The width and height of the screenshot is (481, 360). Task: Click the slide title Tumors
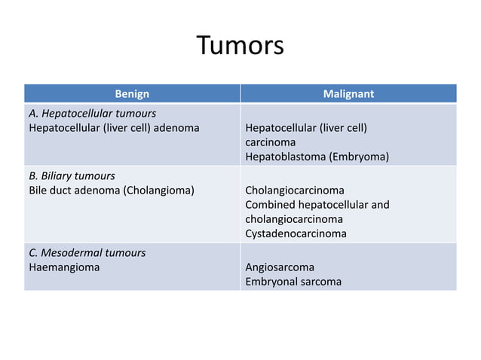[240, 46]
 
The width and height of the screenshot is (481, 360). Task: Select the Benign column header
[132, 94]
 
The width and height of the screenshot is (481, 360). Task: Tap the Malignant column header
[348, 94]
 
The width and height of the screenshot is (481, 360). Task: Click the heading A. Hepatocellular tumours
[92, 113]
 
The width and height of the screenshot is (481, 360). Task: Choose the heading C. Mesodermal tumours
[87, 252]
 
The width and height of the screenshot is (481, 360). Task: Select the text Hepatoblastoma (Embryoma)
[317, 157]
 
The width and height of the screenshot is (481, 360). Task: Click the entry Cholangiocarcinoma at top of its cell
[295, 190]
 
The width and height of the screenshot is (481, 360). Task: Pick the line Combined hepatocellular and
[317, 204]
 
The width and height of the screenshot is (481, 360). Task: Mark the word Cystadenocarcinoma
[296, 233]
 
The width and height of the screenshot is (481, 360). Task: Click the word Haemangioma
[63, 267]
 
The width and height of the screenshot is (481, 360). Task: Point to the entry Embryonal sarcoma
[293, 282]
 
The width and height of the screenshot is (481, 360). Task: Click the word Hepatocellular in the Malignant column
[279, 127]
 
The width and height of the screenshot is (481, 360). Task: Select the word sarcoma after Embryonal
[320, 282]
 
